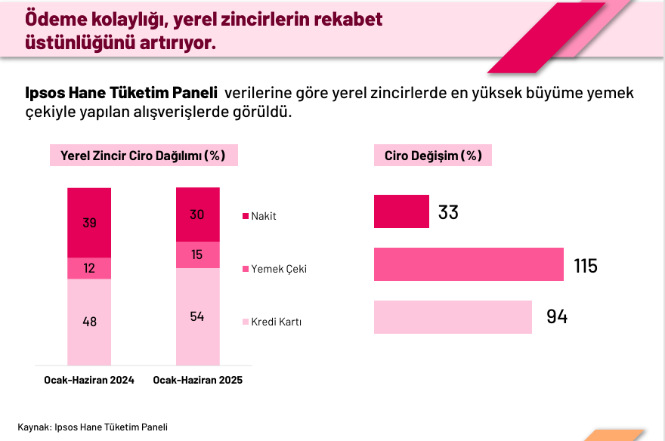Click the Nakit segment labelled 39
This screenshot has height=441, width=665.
click(x=89, y=223)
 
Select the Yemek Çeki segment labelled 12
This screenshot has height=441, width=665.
click(x=89, y=268)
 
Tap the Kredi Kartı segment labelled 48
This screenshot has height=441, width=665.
click(x=89, y=321)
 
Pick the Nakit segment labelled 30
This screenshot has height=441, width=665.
click(x=197, y=214)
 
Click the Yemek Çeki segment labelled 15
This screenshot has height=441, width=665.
click(x=197, y=254)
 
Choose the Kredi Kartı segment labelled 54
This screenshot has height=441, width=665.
click(x=197, y=316)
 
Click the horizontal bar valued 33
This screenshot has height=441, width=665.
click(x=401, y=211)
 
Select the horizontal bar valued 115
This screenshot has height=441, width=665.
click(x=469, y=265)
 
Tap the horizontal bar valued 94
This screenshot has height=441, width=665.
click(x=453, y=316)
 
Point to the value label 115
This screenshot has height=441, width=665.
click(x=585, y=266)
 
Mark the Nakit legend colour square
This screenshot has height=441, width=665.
click(x=245, y=217)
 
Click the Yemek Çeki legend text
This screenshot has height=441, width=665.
click(x=279, y=269)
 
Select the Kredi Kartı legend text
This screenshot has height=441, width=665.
click(x=277, y=322)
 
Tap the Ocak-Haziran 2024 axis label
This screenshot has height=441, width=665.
click(x=89, y=381)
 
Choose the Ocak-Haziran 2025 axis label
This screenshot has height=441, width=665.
click(x=198, y=381)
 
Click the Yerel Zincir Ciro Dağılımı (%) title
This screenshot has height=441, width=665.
click(x=143, y=156)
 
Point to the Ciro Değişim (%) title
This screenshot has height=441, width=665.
click(x=433, y=156)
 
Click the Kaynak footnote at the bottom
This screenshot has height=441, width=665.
click(x=92, y=427)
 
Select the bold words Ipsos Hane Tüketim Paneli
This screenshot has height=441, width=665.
click(x=122, y=94)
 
